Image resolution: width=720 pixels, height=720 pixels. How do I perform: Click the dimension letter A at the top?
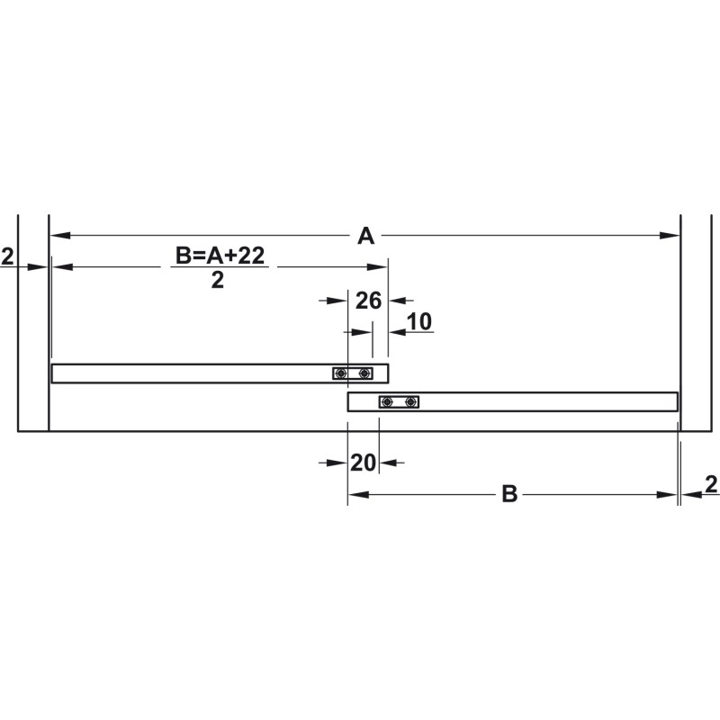366,236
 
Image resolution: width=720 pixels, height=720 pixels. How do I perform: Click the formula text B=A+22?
220,256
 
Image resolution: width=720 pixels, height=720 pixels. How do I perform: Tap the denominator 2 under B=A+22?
217,280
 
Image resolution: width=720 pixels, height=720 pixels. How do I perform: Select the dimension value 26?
368,301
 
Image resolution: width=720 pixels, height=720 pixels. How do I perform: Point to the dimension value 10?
419,321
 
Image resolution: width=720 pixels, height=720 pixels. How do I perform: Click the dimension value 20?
363,463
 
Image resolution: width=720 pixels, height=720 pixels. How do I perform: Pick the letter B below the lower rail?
509,494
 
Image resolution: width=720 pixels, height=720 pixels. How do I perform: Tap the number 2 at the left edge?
7,256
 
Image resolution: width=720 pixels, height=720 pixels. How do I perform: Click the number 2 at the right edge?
711,484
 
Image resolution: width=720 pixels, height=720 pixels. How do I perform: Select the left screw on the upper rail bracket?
340,373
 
